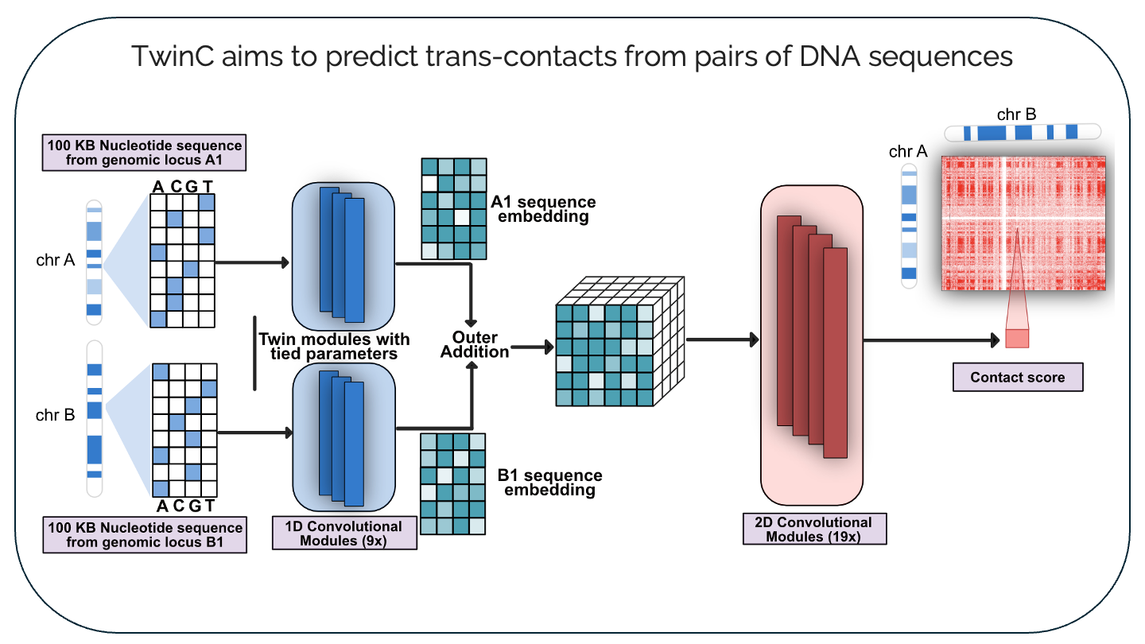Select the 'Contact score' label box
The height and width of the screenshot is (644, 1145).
coord(1018,377)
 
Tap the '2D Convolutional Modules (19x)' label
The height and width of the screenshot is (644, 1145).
coord(814,530)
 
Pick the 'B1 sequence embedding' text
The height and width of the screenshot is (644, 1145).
coord(549,483)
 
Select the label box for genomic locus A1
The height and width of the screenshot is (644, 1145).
coord(143,153)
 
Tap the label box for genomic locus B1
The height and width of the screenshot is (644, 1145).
coord(143,534)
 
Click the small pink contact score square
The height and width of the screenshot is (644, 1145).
coord(1017,337)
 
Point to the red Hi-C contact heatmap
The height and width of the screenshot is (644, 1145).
coord(1023,223)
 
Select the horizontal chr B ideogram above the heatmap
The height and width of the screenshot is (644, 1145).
coord(1023,132)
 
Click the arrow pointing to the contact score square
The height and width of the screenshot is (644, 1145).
coord(930,340)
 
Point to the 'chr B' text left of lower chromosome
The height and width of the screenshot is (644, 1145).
coord(56,415)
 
